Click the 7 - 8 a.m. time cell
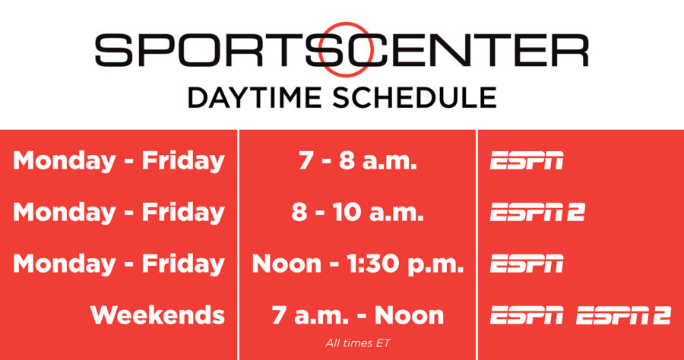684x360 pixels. coord(356,161)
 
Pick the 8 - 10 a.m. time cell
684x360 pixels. coord(356,213)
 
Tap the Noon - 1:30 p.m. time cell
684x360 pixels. coord(357,264)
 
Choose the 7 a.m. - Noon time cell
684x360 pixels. coord(357,314)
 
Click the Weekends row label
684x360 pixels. coord(157,314)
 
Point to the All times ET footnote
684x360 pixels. coord(356,343)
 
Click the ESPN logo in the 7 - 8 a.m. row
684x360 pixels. coord(527,161)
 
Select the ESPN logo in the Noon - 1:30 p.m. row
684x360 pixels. coord(527,264)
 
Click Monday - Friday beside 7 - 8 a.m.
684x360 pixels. coord(119,161)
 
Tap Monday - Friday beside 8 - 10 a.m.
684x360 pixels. coord(119,213)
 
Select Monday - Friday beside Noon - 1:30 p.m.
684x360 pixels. coord(119,264)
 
